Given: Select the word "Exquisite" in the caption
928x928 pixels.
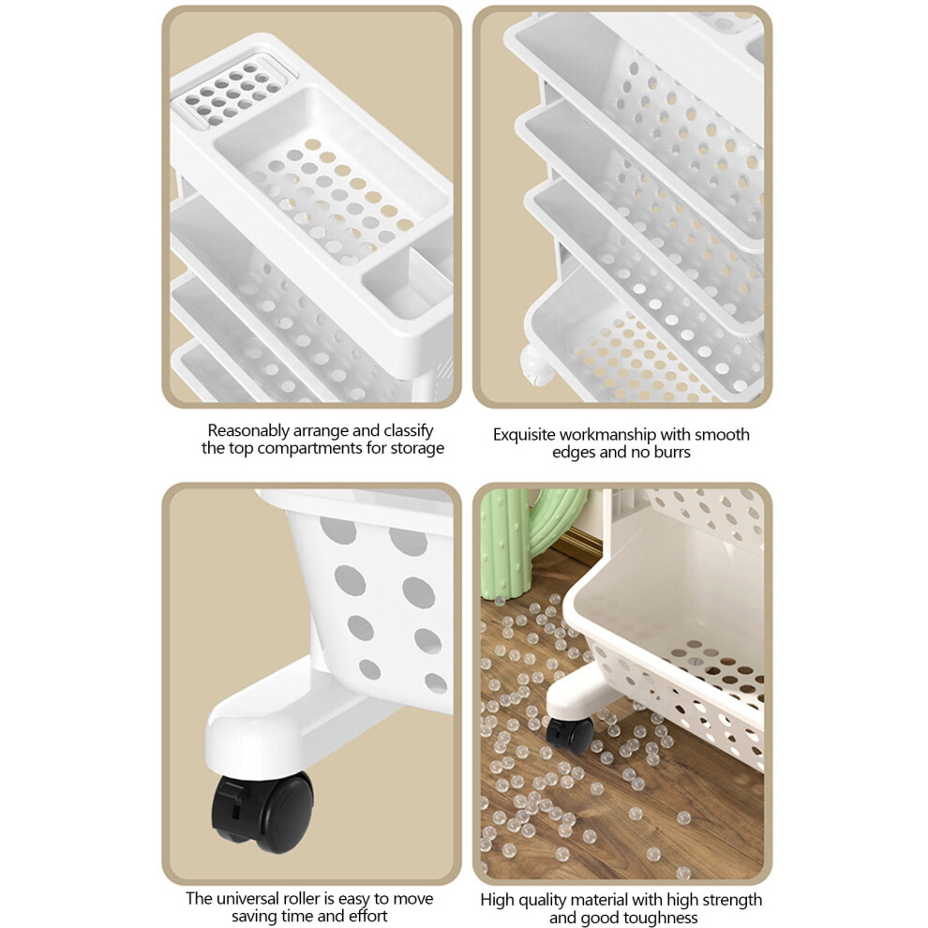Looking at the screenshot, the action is pos(524,435).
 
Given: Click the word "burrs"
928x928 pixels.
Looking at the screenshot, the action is pos(672,452).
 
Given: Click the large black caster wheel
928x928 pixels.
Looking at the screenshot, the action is pos(262,812).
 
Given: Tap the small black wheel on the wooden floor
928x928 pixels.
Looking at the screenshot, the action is pos(569,735).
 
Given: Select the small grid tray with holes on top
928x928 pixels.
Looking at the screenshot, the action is pos(232,93).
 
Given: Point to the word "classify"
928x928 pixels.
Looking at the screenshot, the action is pos(408,431).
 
